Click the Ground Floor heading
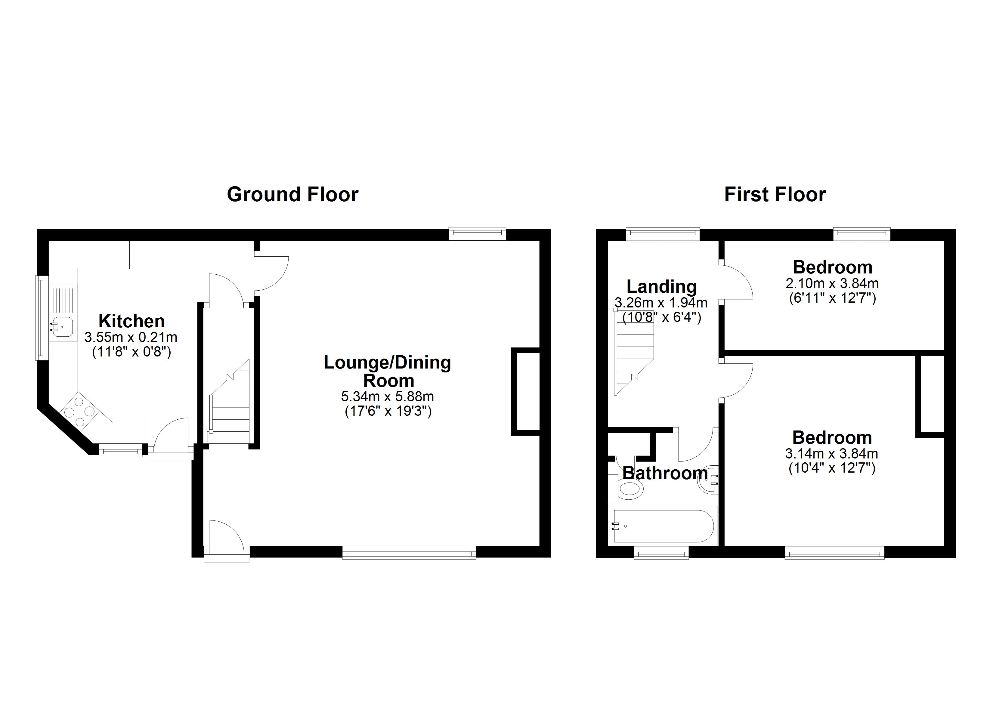pos(292,194)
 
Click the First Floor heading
pos(775,194)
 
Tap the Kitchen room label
pos(131,321)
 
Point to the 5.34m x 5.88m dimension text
pos(388,396)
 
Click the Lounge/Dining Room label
pos(388,371)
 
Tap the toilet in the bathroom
pos(629,489)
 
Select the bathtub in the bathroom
pos(663,526)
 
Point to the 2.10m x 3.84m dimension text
pos(832,283)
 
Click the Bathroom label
pos(665,473)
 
